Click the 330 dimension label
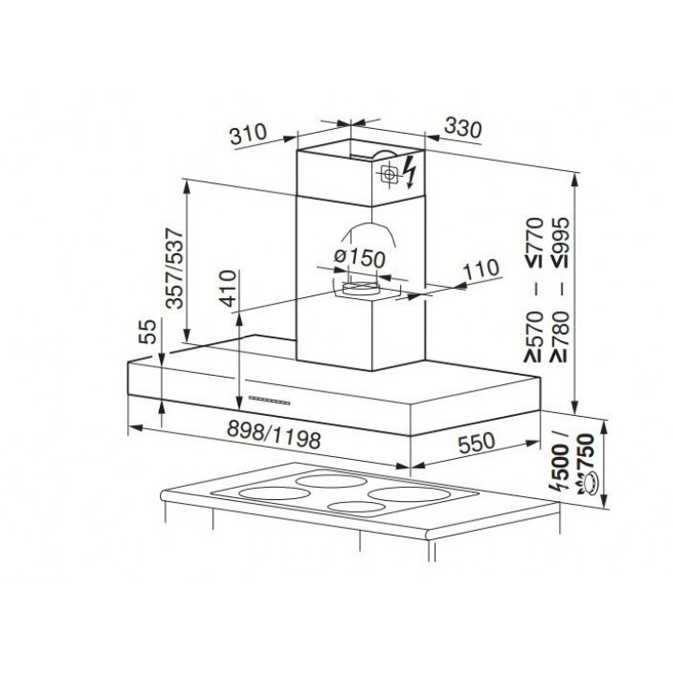463,127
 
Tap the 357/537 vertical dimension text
175,268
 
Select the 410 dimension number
228,289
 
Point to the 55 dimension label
148,331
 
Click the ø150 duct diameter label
360,258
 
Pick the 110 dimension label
481,269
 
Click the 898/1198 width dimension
274,434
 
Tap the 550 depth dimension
477,443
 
